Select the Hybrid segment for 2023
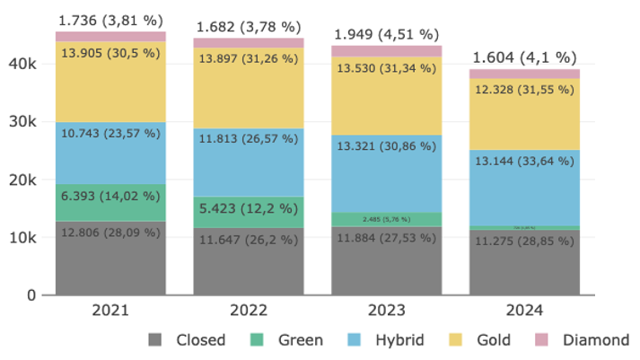(x=387, y=173)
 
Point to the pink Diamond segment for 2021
(x=110, y=37)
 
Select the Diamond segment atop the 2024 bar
(x=525, y=75)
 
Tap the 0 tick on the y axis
(x=31, y=295)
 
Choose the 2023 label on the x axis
(x=387, y=311)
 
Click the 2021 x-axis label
(x=110, y=311)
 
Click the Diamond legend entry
(x=595, y=340)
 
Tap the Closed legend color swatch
(x=155, y=340)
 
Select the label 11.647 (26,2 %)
(x=249, y=240)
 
